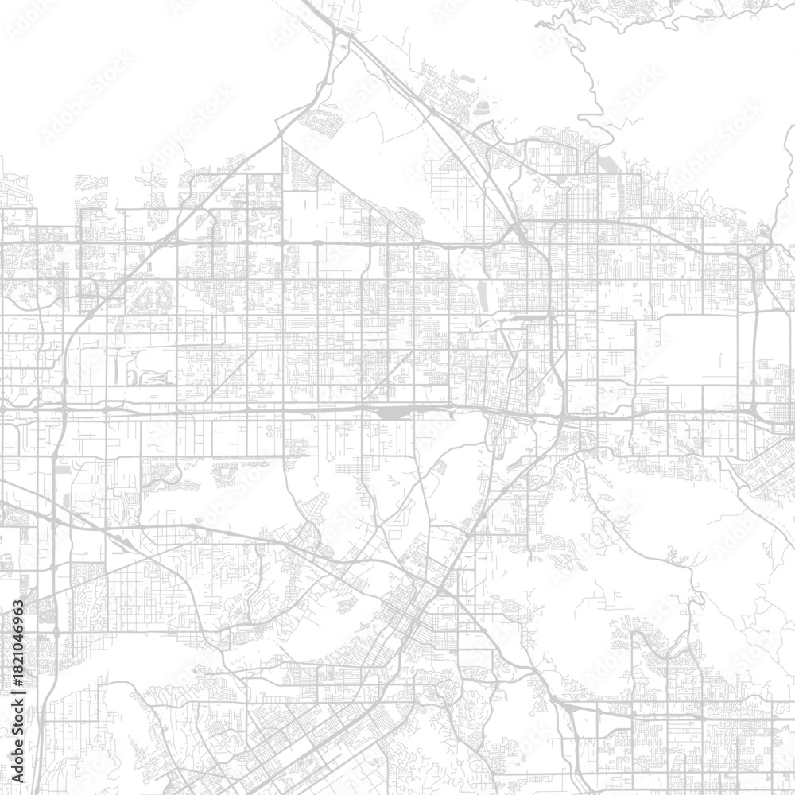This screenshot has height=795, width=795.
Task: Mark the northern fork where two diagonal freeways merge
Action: [x=342, y=36]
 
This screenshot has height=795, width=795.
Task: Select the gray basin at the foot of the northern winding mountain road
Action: [x=608, y=163]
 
